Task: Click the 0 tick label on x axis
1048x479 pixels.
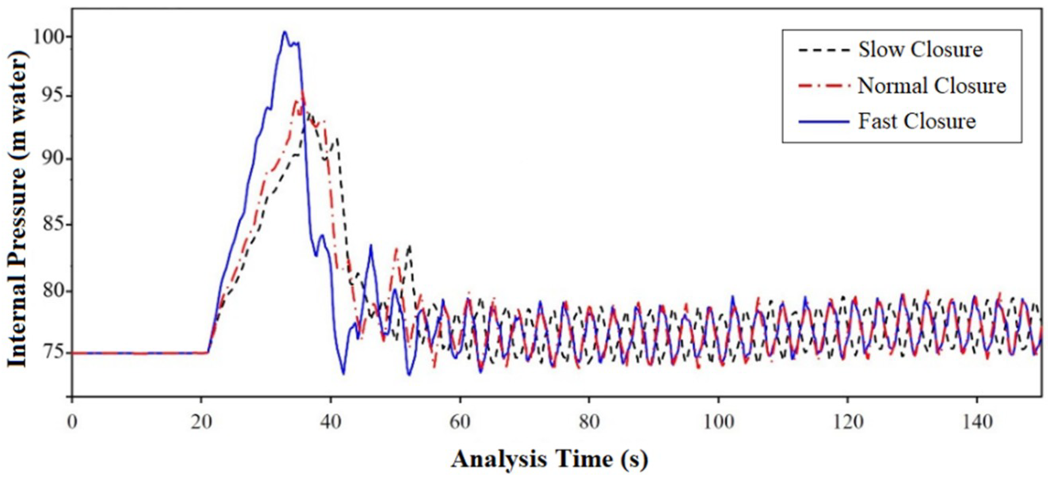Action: [x=72, y=422]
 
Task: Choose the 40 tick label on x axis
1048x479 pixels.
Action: [x=331, y=422]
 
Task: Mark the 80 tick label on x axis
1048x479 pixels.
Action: [x=589, y=422]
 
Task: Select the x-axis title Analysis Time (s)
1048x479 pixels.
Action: [x=549, y=460]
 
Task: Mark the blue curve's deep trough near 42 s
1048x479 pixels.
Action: [x=344, y=374]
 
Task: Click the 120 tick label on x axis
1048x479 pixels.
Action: [x=848, y=422]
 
